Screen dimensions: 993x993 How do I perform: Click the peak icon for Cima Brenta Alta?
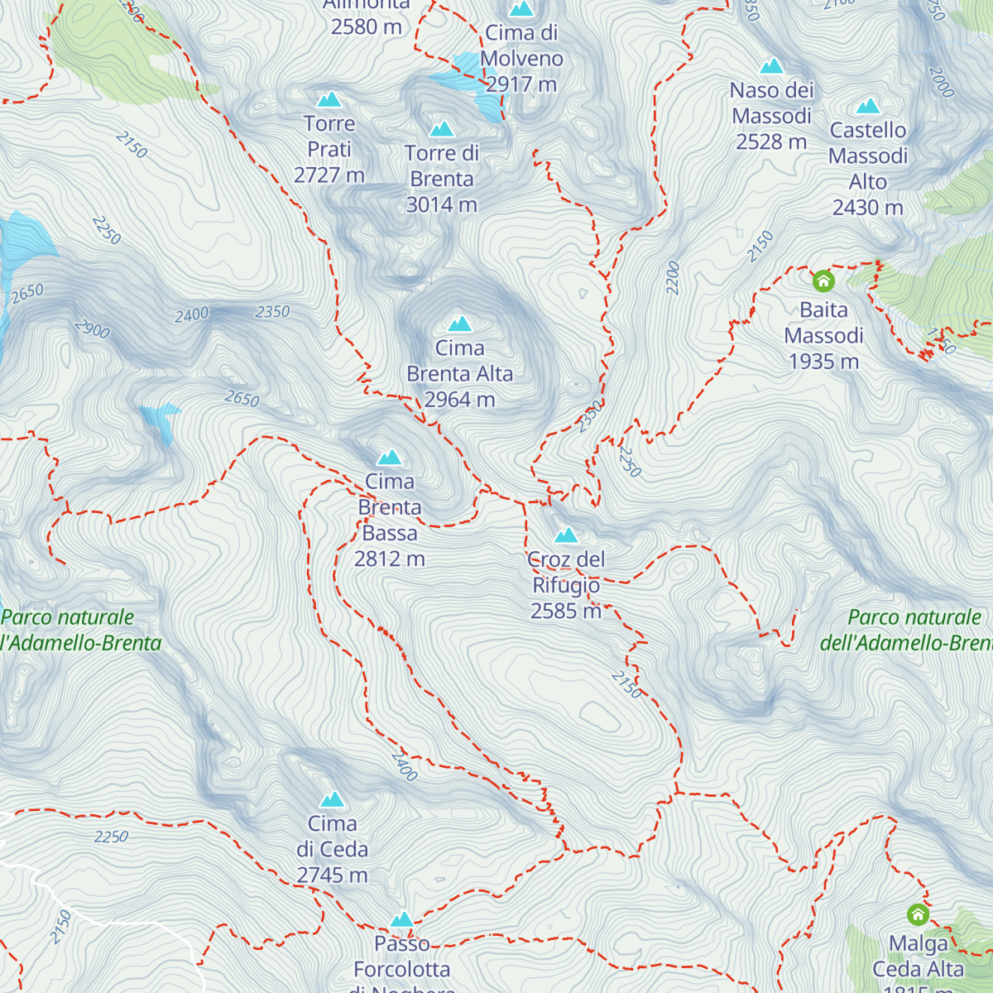459,324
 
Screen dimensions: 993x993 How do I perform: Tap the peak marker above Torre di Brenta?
442,128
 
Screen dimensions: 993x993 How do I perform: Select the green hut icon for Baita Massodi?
823,281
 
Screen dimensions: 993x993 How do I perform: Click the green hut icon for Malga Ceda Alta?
918,914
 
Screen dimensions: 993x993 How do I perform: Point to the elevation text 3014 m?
442,204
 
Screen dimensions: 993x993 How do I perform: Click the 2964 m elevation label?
460,400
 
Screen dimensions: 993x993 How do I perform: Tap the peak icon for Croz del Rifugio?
566,535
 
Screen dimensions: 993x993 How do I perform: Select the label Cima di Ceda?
332,836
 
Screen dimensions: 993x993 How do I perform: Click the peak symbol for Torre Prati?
329,99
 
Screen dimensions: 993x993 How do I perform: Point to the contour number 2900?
92,329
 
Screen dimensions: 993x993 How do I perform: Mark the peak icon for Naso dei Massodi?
771,65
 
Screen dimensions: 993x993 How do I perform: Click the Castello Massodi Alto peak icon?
867,106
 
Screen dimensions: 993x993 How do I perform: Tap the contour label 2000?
942,82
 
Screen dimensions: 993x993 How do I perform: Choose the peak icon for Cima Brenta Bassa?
389,457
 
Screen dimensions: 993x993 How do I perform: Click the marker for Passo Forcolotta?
401,919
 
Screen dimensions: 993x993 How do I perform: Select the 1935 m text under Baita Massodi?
823,362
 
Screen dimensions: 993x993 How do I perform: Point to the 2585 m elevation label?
566,611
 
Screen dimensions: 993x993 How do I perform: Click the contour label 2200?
673,278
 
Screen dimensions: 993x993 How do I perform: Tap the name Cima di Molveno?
521,46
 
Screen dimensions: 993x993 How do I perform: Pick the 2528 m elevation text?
771,142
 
